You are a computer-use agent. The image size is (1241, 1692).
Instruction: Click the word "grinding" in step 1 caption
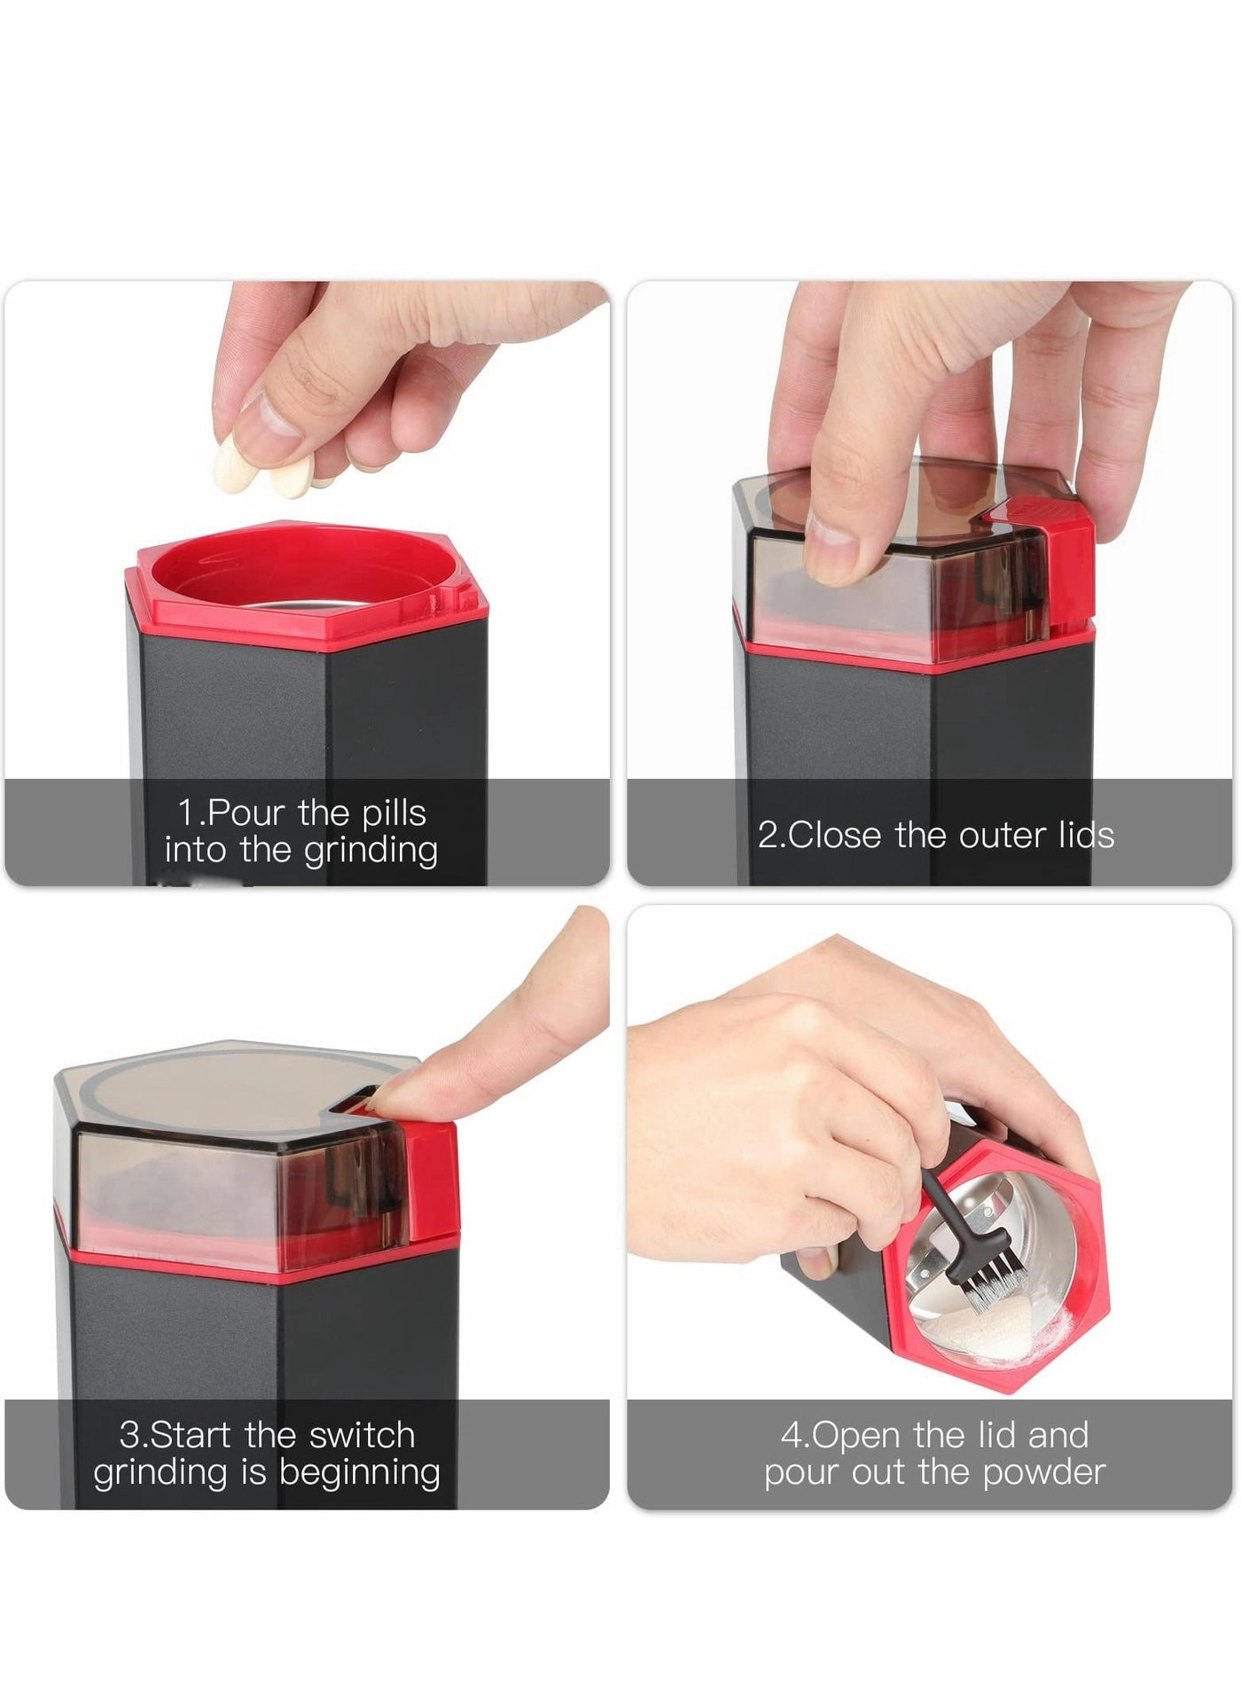point(371,851)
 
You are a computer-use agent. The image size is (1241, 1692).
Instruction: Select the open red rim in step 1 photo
point(301,576)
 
